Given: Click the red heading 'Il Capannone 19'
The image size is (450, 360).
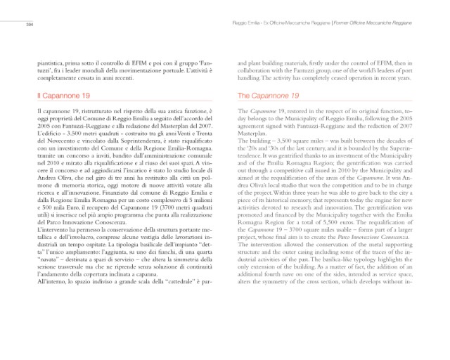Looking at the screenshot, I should tap(65, 94).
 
